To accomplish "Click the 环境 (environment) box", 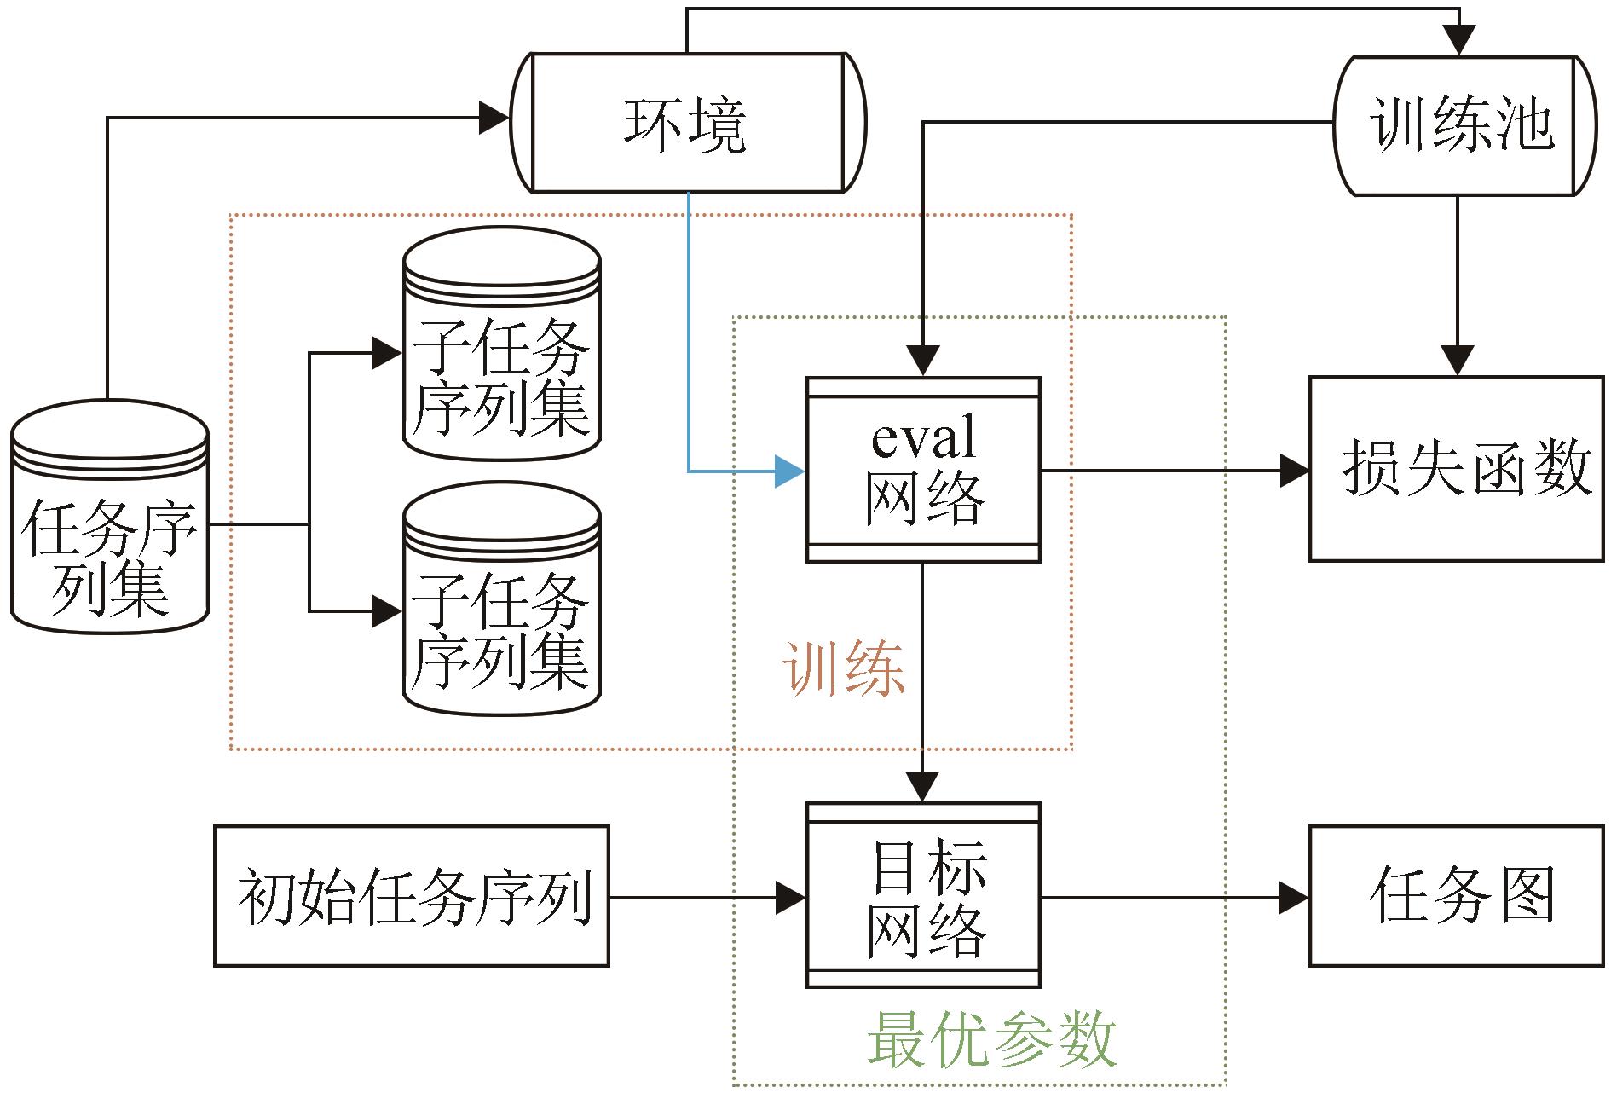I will pyautogui.click(x=687, y=124).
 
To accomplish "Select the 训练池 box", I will pyautogui.click(x=1463, y=126).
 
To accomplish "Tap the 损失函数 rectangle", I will pyautogui.click(x=1456, y=468).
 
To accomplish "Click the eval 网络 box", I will pyautogui.click(x=923, y=470).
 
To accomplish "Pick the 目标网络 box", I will pyautogui.click(x=923, y=895).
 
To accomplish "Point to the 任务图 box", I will pyautogui.click(x=1456, y=895).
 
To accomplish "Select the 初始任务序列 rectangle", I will pyautogui.click(x=412, y=895).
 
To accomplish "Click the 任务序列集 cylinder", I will pyautogui.click(x=110, y=520).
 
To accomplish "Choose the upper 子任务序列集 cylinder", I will pyautogui.click(x=502, y=345).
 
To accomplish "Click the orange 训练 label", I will pyautogui.click(x=844, y=669).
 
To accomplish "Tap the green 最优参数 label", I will pyautogui.click(x=991, y=1039).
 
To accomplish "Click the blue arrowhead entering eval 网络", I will pyautogui.click(x=789, y=471).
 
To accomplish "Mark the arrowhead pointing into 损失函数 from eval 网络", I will pyautogui.click(x=1294, y=470).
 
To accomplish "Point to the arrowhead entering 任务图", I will pyautogui.click(x=1294, y=897).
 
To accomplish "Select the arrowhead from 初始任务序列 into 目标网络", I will pyautogui.click(x=791, y=897).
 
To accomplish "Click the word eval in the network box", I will pyautogui.click(x=923, y=438).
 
